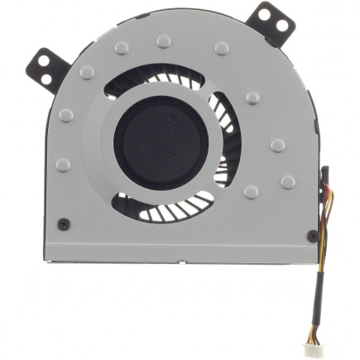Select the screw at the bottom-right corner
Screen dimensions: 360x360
coord(312,235)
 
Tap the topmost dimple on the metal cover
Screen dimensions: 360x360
coord(164,40)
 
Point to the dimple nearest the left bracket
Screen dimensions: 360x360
coord(87,73)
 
